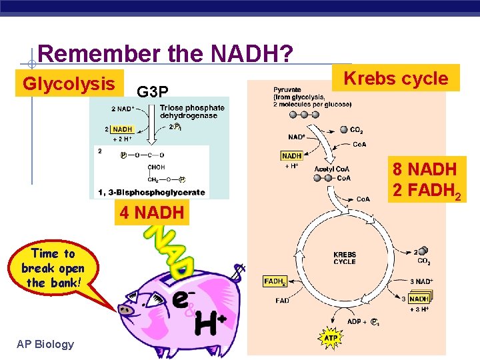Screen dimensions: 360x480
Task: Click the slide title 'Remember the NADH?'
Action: pos(165,54)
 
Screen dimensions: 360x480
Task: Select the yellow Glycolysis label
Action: pos(69,84)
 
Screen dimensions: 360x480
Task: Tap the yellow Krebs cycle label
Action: pos(396,78)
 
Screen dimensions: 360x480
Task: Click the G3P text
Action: pos(153,91)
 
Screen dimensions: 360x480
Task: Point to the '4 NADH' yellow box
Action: pos(151,214)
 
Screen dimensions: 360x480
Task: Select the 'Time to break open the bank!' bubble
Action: pos(53,268)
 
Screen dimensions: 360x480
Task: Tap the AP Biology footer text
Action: pos(46,344)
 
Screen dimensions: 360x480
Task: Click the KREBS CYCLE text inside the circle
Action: pos(345,258)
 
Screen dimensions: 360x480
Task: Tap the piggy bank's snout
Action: pos(125,309)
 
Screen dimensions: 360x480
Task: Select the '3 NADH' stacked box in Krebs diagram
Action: pos(418,299)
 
